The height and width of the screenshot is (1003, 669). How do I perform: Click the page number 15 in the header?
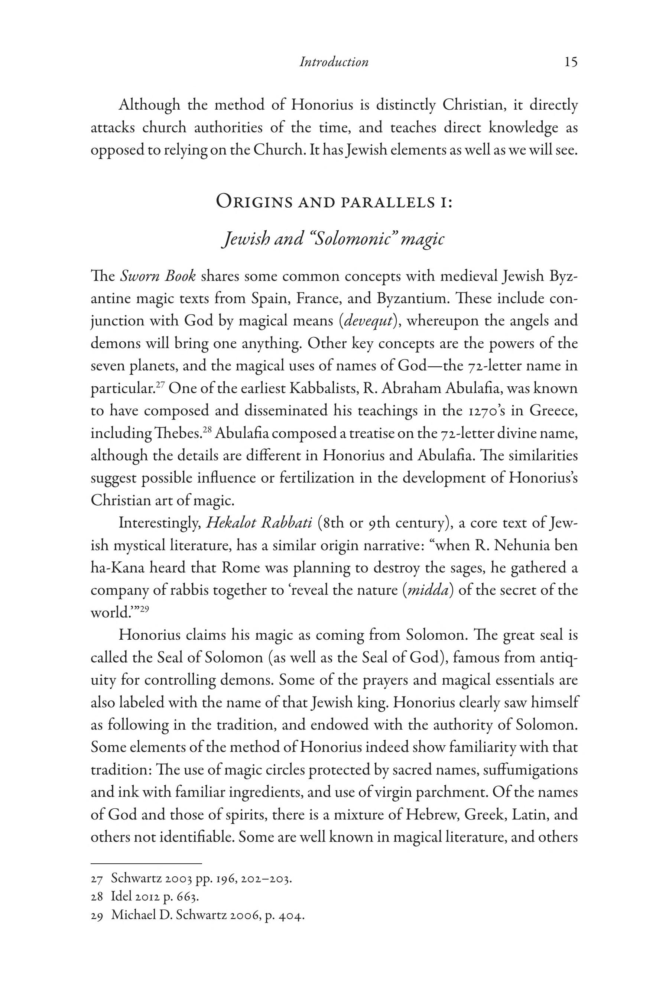tap(571, 62)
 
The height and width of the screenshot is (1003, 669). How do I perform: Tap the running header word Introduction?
tap(334, 62)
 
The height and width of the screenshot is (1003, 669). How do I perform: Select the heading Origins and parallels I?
tap(334, 202)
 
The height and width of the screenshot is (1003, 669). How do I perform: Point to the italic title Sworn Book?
tap(158, 276)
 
